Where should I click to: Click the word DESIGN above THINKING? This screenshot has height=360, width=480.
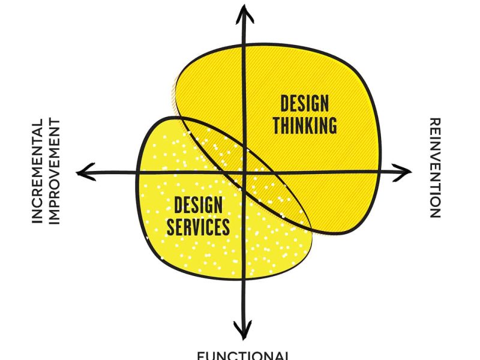[x=304, y=104]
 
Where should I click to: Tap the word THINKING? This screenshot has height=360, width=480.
[x=304, y=125]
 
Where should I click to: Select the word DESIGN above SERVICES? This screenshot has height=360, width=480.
[x=199, y=206]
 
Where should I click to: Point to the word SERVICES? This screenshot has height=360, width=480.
[x=198, y=227]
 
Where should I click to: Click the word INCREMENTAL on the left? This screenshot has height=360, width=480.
[x=38, y=172]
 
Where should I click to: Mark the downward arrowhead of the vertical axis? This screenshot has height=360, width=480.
[x=242, y=332]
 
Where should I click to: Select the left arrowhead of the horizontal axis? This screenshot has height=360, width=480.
[x=85, y=172]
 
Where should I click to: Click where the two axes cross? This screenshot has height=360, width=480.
[x=243, y=173]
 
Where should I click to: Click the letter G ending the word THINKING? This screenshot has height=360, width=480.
[x=331, y=125]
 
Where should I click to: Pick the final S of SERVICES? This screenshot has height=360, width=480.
[x=226, y=227]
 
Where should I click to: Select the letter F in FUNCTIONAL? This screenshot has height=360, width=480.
[x=201, y=355]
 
